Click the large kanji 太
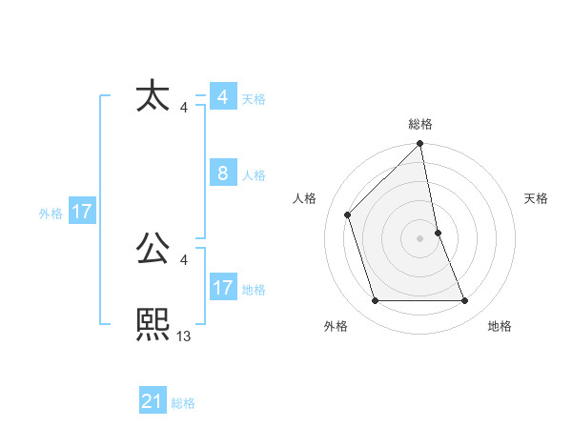pyautogui.click(x=153, y=97)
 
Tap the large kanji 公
pyautogui.click(x=153, y=250)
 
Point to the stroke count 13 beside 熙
pyautogui.click(x=184, y=336)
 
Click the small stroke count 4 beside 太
pyautogui.click(x=183, y=107)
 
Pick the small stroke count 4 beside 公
pyautogui.click(x=183, y=259)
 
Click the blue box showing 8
pyautogui.click(x=222, y=173)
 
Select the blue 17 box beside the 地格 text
pyautogui.click(x=222, y=288)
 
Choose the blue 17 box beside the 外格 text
pyautogui.click(x=82, y=212)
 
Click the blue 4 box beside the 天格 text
pyautogui.click(x=222, y=97)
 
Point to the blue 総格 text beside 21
pyautogui.click(x=183, y=403)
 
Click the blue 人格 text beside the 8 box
pyautogui.click(x=254, y=175)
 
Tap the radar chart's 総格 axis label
pyautogui.click(x=420, y=125)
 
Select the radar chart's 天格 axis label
pyautogui.click(x=536, y=198)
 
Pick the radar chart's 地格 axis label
pyautogui.click(x=500, y=326)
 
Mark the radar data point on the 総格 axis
pyautogui.click(x=420, y=145)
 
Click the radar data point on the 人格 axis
pyautogui.click(x=348, y=214)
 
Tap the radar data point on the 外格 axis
pyautogui.click(x=376, y=301)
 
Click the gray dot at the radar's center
pyautogui.click(x=420, y=238)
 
